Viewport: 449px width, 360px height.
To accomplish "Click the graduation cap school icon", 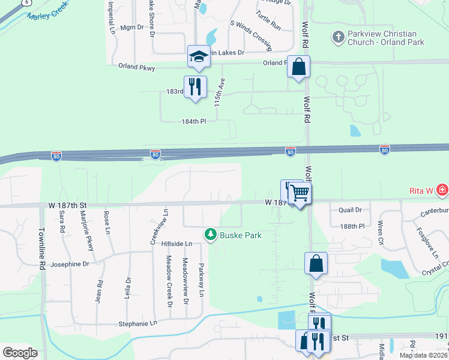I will pyautogui.click(x=199, y=56).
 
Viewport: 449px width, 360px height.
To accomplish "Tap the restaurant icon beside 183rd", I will pyautogui.click(x=194, y=86).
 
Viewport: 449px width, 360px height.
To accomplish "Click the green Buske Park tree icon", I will pyautogui.click(x=210, y=234).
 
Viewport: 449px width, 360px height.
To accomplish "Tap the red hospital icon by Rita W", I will pyautogui.click(x=442, y=190).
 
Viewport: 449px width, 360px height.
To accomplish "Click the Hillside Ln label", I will pyautogui.click(x=176, y=244).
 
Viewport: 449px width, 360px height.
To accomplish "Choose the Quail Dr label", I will pyautogui.click(x=350, y=210).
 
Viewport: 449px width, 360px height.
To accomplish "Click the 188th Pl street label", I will pyautogui.click(x=352, y=227).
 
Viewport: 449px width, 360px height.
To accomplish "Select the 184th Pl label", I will pyautogui.click(x=194, y=121).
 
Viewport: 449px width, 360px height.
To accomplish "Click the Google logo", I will pyautogui.click(x=20, y=353).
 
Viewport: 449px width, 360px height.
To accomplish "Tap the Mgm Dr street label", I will pyautogui.click(x=132, y=27).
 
